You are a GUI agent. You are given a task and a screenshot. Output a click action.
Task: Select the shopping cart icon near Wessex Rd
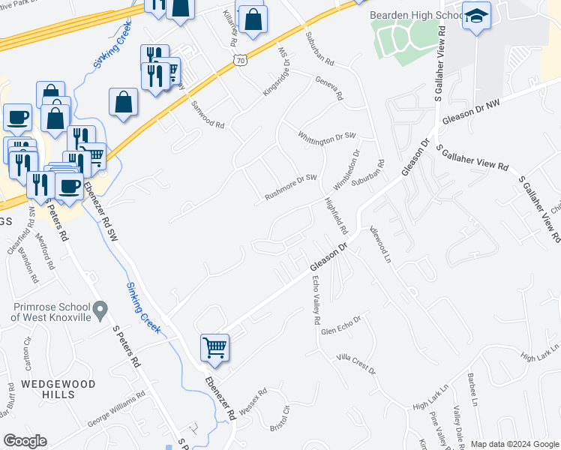(x=214, y=348)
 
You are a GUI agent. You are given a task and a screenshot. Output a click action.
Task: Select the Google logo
(x=25, y=441)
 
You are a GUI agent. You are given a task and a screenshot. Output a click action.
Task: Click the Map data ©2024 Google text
(x=514, y=443)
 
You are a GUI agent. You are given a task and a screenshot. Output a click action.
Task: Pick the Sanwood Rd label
(x=208, y=115)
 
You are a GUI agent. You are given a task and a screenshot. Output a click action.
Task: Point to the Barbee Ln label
(x=472, y=384)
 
